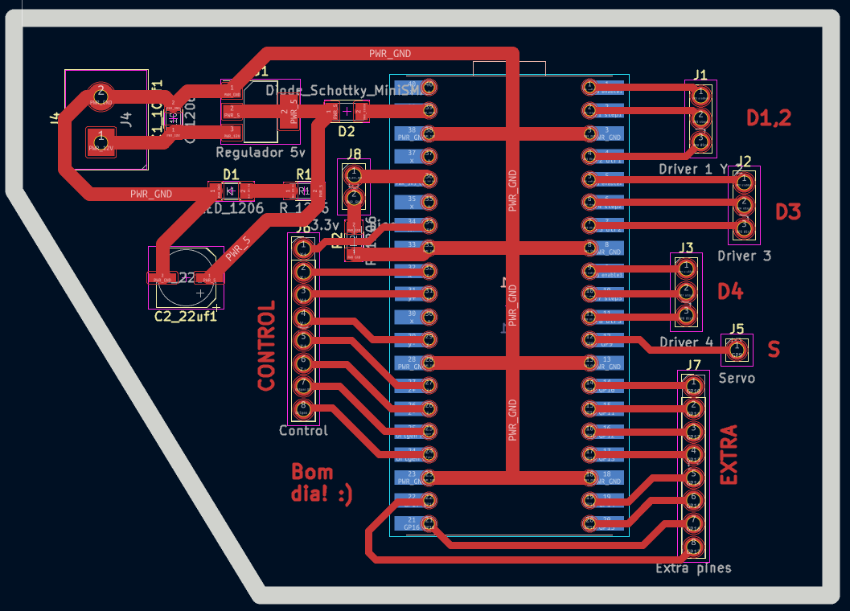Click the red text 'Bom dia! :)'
[321, 482]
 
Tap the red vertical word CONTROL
[266, 346]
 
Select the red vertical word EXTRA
[728, 455]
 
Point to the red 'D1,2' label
[769, 118]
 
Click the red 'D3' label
[788, 212]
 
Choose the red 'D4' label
[730, 291]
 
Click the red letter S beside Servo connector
[774, 350]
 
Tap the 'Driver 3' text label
[744, 256]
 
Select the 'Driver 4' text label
[686, 342]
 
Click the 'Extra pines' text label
[693, 568]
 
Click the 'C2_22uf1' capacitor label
[186, 317]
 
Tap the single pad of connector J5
[737, 350]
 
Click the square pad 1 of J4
[100, 143]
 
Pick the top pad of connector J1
[700, 96]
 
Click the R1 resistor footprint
[303, 191]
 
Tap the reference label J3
[685, 247]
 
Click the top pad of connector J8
[352, 174]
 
